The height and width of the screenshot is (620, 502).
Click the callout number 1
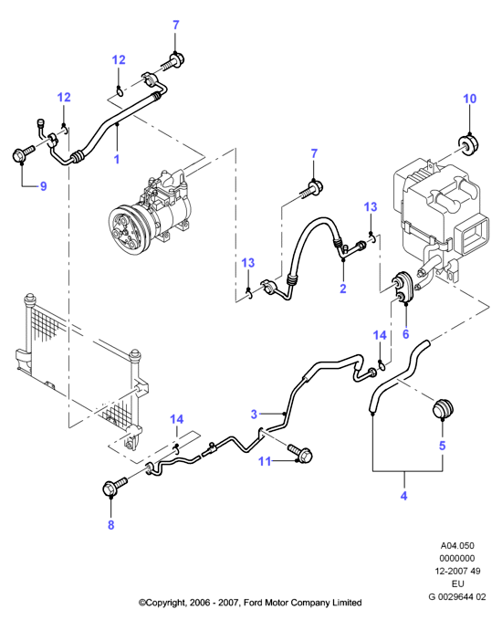click(x=117, y=160)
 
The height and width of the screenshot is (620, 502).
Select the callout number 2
click(x=342, y=289)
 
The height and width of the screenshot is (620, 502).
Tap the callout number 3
click(x=254, y=414)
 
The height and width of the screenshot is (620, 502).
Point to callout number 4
click(x=403, y=496)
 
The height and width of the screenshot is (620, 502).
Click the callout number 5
click(x=443, y=446)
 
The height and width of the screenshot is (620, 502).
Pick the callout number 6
click(x=405, y=334)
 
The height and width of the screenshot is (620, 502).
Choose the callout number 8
click(x=110, y=525)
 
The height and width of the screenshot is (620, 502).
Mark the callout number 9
click(x=44, y=186)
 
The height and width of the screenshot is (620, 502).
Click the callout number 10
click(x=469, y=99)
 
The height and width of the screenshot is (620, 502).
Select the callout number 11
click(x=265, y=461)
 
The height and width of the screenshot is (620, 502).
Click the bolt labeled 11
click(x=301, y=454)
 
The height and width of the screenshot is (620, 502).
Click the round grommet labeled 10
click(x=467, y=144)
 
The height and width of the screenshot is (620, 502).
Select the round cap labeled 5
click(x=443, y=408)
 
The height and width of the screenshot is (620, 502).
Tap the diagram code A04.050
click(x=457, y=546)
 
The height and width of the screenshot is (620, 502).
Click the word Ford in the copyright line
click(x=252, y=603)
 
